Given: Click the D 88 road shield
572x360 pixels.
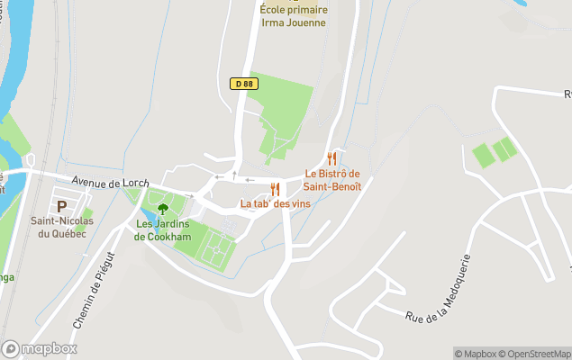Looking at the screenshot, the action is click(242, 84).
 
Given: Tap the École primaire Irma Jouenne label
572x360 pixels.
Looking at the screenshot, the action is click(293, 16).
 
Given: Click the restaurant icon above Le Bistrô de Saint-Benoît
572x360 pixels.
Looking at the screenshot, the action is click(332, 159).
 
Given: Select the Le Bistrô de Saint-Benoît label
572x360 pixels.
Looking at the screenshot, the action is click(332, 180).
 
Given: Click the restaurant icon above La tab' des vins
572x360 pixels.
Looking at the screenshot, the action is click(275, 189).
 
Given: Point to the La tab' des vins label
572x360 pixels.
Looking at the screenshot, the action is click(275, 204).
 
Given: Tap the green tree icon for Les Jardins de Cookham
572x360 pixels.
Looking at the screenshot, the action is click(163, 209).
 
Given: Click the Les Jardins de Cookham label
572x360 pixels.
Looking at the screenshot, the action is click(163, 229).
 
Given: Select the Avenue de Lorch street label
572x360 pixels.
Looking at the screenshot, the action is click(110, 183).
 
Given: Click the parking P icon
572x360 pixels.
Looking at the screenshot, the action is click(61, 206).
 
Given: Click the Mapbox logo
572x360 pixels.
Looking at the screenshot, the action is click(39, 348).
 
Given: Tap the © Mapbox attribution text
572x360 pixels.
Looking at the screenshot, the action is click(476, 354).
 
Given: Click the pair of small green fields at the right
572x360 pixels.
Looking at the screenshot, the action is click(495, 152).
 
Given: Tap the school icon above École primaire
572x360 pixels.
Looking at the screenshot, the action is click(293, 1).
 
